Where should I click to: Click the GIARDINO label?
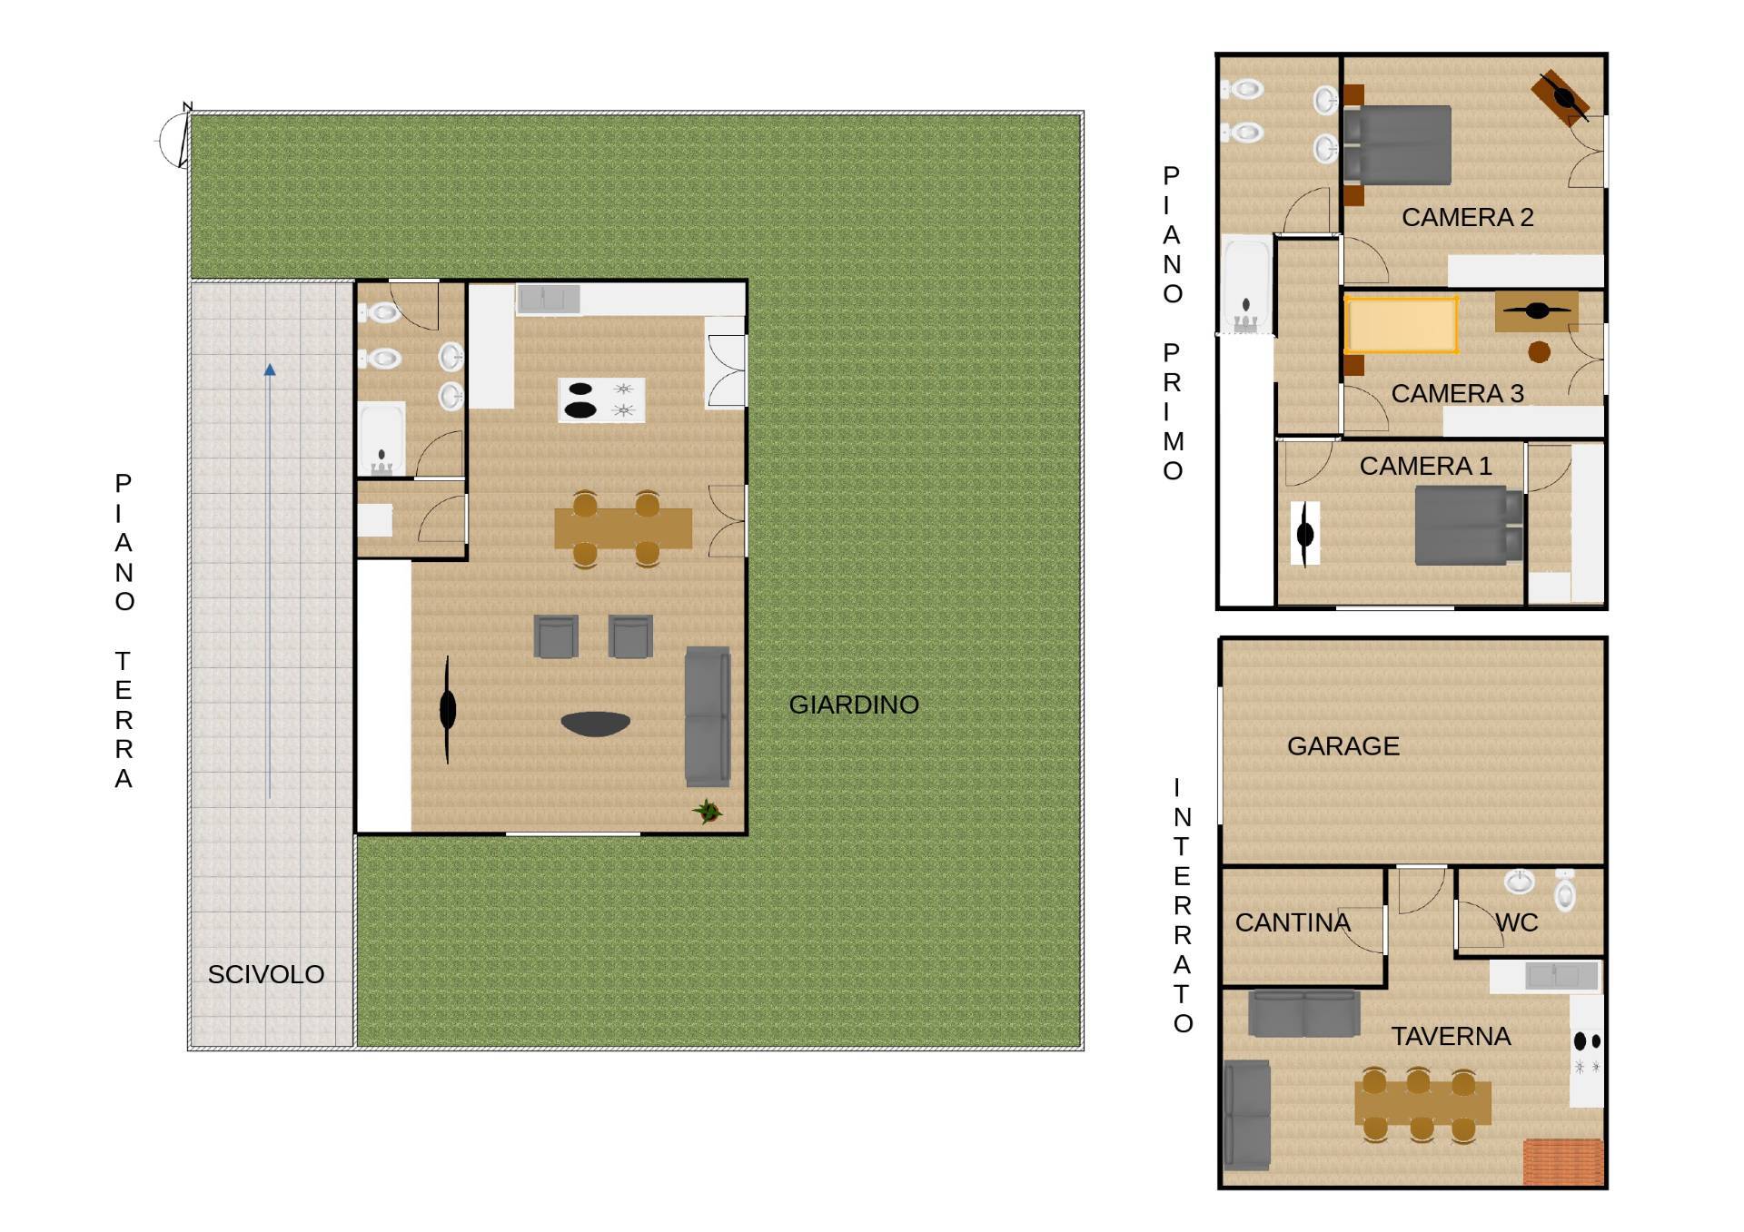click(854, 705)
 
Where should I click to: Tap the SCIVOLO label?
click(266, 974)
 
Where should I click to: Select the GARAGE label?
click(1343, 746)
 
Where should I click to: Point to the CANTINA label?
click(1293, 922)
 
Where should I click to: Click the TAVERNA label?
click(1451, 1036)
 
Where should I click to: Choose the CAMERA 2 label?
click(1467, 217)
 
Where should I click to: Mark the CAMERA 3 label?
click(1457, 393)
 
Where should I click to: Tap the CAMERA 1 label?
click(1425, 466)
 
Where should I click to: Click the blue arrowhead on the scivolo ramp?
click(270, 370)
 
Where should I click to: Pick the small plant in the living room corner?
click(708, 811)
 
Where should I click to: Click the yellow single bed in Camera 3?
click(1401, 324)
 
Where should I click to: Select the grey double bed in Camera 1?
click(1469, 526)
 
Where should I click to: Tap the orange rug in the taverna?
click(1562, 1162)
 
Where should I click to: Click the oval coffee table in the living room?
click(596, 724)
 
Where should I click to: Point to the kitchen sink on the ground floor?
click(549, 299)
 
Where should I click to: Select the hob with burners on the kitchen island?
click(601, 400)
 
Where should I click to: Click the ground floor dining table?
click(623, 528)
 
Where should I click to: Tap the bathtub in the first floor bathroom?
click(1245, 284)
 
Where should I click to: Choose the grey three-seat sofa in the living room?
click(708, 716)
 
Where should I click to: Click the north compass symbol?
click(175, 138)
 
